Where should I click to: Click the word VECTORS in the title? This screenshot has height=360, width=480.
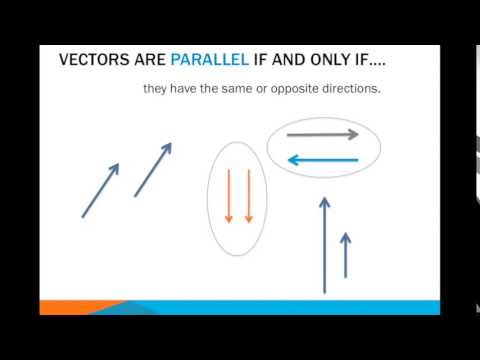pyautogui.click(x=93, y=61)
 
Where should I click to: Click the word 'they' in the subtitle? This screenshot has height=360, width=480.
pyautogui.click(x=156, y=90)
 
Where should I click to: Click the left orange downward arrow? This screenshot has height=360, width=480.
pyautogui.click(x=229, y=196)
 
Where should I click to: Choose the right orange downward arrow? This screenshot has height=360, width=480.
pyautogui.click(x=248, y=196)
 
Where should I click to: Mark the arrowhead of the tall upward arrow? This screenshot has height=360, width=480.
pyautogui.click(x=324, y=202)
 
